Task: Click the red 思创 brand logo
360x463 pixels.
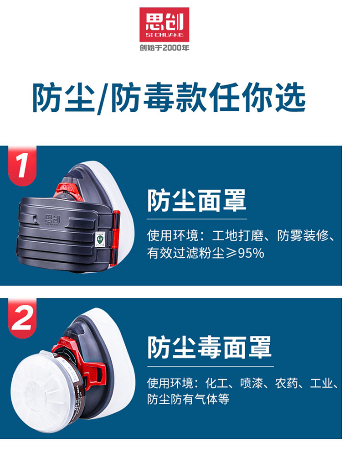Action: [x=164, y=25]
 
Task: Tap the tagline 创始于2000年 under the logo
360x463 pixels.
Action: [x=165, y=47]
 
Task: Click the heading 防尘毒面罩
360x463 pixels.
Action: [x=209, y=347]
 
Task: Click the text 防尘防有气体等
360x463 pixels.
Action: [x=188, y=399]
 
